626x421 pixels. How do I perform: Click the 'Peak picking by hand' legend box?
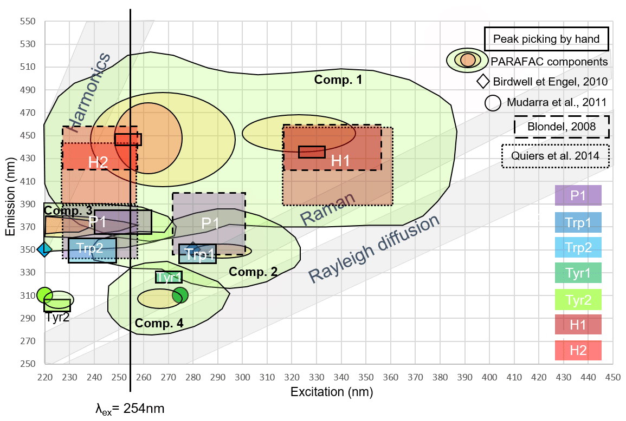pyautogui.click(x=546, y=38)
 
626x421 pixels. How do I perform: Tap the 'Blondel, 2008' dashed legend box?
pyautogui.click(x=562, y=127)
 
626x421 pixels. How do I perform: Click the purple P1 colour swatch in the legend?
pyautogui.click(x=578, y=195)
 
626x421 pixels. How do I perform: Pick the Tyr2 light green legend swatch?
pyautogui.click(x=578, y=299)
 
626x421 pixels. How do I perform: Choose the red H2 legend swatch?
pyautogui.click(x=578, y=350)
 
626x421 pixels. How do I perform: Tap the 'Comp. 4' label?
pyautogui.click(x=159, y=324)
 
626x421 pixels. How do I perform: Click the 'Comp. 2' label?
pyautogui.click(x=253, y=272)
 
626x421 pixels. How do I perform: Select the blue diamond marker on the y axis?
pyautogui.click(x=44, y=249)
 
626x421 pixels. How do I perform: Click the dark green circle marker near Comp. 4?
pyautogui.click(x=180, y=295)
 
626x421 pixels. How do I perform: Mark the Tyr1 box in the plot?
pyautogui.click(x=169, y=277)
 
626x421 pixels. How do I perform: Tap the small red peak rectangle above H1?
pyautogui.click(x=312, y=152)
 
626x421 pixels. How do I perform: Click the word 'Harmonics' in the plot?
pyautogui.click(x=89, y=93)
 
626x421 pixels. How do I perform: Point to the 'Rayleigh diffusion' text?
pyautogui.click(x=373, y=249)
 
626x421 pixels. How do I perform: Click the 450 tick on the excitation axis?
pyautogui.click(x=612, y=376)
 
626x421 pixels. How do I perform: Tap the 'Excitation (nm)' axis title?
pyautogui.click(x=332, y=391)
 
